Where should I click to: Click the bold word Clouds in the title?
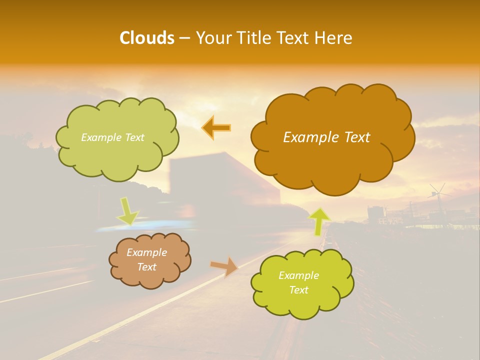click(146, 38)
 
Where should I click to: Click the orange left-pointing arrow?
click(216, 128)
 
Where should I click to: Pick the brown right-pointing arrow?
click(224, 266)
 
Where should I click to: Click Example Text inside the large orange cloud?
click(326, 137)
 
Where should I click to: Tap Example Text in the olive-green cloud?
click(112, 137)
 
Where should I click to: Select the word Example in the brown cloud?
click(146, 252)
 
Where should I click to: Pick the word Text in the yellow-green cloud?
click(298, 290)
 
